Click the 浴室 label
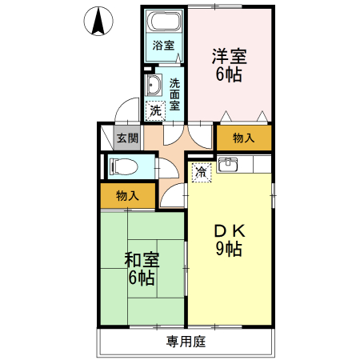(164, 46)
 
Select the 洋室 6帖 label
(229, 66)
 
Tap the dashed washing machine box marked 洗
(155, 110)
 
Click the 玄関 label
(127, 138)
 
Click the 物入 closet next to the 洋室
(243, 138)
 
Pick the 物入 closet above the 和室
(127, 195)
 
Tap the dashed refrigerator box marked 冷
(201, 171)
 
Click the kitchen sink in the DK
(227, 166)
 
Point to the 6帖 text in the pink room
(229, 76)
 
